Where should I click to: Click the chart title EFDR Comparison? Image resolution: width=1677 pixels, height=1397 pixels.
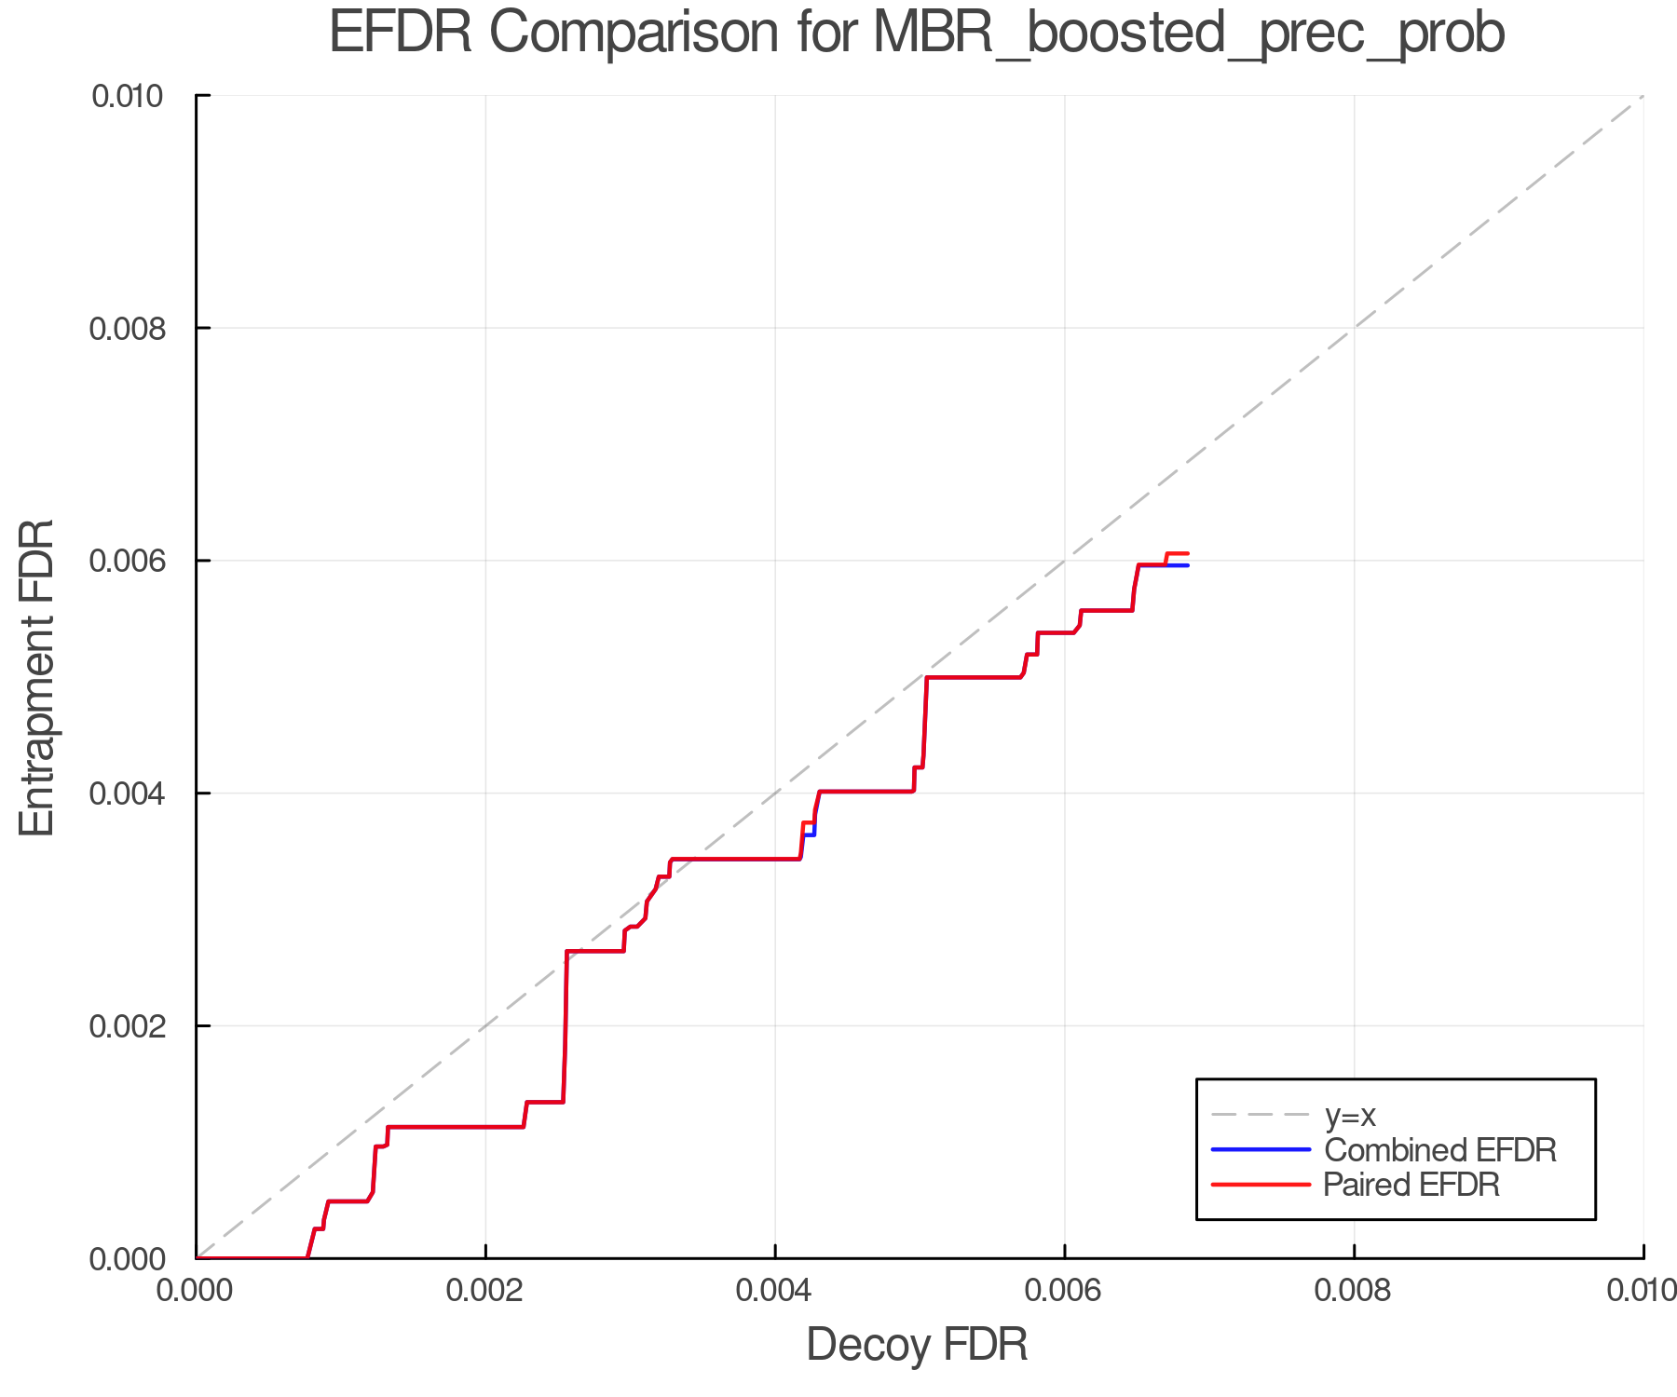tap(917, 34)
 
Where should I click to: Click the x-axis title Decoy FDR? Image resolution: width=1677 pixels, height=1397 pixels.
tap(917, 1345)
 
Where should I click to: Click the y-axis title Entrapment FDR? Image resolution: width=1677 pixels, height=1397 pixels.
tap(37, 677)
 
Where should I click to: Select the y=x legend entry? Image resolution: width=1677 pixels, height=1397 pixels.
tap(1350, 1115)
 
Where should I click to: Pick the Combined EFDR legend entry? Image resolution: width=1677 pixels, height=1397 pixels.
tap(1439, 1150)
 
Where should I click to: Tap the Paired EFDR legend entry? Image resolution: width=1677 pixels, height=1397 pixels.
tap(1411, 1185)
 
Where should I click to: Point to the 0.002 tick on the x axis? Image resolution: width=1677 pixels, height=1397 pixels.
tap(485, 1291)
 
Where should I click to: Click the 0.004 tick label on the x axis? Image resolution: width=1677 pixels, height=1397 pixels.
tap(775, 1291)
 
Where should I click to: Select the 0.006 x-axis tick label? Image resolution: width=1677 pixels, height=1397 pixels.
tap(1064, 1291)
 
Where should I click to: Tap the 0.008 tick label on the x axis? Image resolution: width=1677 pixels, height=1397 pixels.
tap(1354, 1291)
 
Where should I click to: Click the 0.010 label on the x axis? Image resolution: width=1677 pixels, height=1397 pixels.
tap(1642, 1291)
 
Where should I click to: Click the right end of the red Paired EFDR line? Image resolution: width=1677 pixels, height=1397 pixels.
tap(1188, 553)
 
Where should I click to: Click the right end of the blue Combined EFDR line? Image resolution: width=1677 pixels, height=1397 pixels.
tap(1188, 565)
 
